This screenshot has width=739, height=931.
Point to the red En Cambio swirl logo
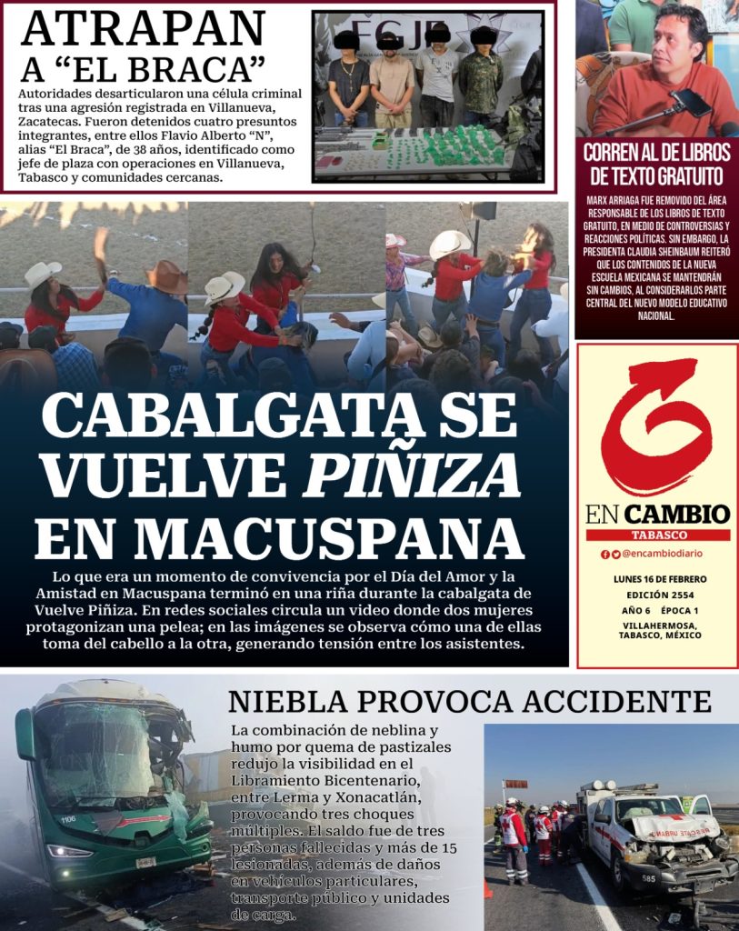(656, 426)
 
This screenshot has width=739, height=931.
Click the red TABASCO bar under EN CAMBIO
(657, 536)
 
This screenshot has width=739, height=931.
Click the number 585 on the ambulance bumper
(647, 877)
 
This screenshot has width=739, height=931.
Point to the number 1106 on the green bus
(68, 819)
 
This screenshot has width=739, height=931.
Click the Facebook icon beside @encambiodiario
(605, 554)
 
